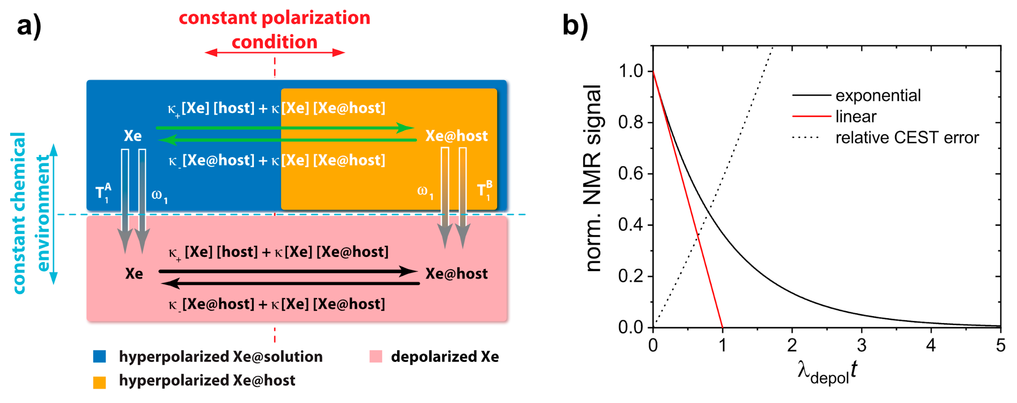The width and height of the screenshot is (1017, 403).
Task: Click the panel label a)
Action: pos(29,26)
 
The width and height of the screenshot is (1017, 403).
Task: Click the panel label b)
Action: pos(575,26)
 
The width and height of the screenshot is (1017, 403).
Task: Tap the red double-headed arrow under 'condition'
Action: pos(274,53)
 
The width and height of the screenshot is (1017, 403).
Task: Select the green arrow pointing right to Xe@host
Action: pos(284,128)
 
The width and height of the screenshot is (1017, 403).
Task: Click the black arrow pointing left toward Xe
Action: pos(290,283)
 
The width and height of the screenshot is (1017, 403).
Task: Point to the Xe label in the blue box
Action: pos(133,136)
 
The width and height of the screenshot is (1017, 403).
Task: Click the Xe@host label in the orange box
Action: pos(456,136)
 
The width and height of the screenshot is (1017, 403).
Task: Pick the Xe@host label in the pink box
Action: pos(456,273)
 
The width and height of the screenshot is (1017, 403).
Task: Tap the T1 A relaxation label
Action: pos(104,192)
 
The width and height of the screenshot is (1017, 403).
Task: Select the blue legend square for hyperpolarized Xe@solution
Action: pos(99,356)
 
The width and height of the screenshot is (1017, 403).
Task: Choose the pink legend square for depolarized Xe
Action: pos(376,356)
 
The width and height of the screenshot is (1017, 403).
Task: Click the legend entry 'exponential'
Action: pos(878,95)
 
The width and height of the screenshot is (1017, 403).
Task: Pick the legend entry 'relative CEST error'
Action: pos(907,138)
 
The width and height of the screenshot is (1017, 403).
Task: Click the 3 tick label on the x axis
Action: pos(862,345)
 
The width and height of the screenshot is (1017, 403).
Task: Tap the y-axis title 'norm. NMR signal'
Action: pos(593,178)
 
